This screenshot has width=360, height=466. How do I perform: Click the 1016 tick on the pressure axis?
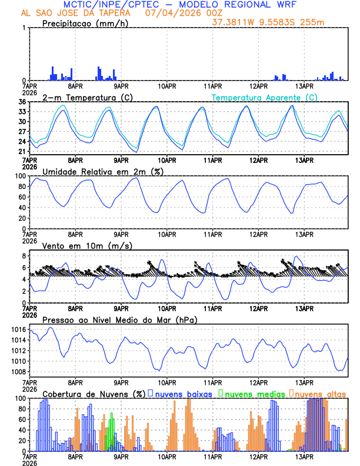(x=18, y=329)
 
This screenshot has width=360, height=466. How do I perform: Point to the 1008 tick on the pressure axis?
(x=18, y=372)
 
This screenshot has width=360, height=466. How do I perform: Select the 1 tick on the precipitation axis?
(x=24, y=28)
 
